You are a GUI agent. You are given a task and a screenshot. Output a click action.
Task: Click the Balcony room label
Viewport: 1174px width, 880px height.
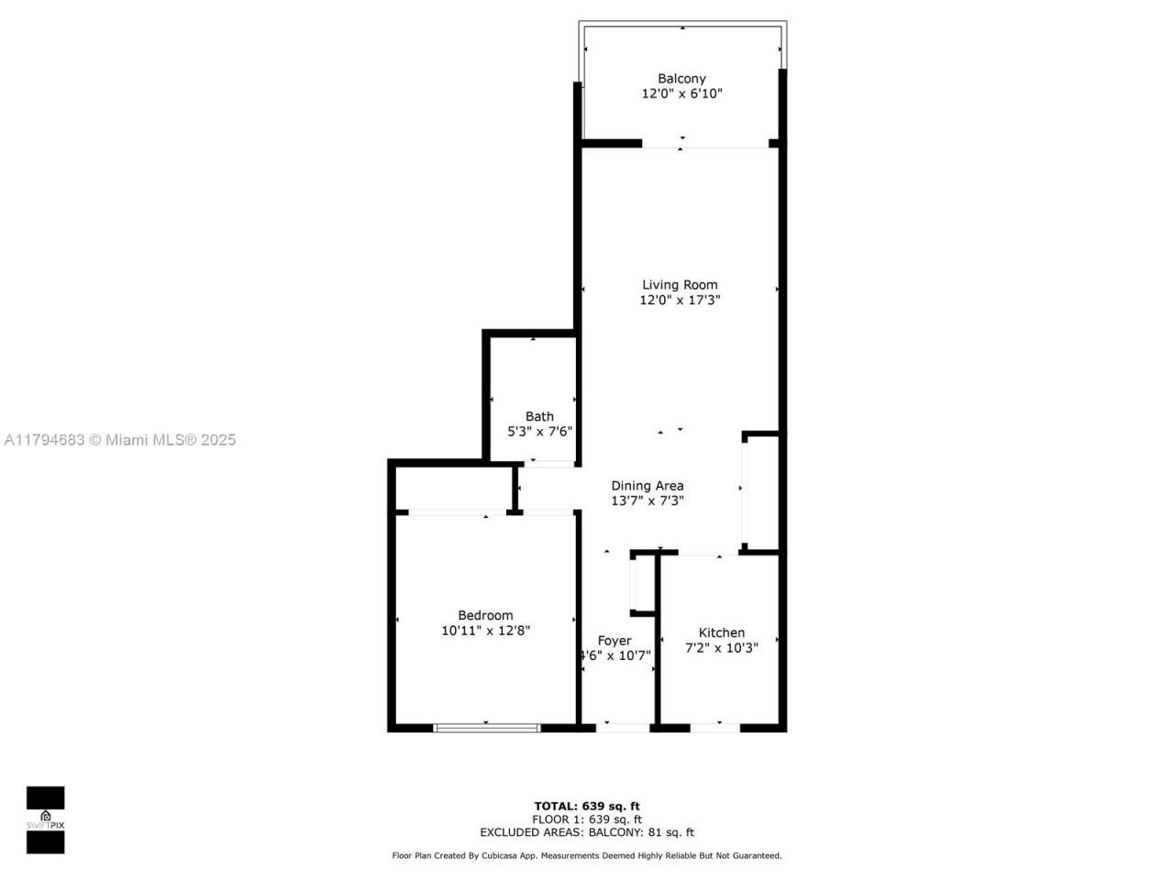pos(681,79)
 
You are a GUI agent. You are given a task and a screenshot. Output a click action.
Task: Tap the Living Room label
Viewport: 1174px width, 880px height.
pos(680,285)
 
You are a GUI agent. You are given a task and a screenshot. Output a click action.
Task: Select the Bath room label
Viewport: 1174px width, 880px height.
pos(539,417)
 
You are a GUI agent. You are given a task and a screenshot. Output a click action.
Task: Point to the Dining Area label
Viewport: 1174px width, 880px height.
pos(648,486)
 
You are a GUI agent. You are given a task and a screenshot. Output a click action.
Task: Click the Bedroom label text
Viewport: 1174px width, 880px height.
pos(485,615)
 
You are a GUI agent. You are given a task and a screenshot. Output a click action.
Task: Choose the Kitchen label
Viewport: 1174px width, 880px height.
pos(722,632)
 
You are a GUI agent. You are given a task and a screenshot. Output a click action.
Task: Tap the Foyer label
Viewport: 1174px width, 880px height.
pos(615,641)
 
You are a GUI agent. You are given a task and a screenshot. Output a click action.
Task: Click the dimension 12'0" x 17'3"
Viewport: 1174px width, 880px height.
pos(680,300)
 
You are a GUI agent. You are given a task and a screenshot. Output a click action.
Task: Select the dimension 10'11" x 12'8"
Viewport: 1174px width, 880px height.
pos(486,631)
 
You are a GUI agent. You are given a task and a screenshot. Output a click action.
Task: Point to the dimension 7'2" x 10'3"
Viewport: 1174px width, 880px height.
pos(722,648)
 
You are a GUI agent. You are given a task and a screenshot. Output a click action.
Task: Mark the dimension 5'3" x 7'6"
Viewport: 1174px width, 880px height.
pos(540,431)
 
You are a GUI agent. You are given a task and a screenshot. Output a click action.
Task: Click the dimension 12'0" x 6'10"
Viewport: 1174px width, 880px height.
pos(681,93)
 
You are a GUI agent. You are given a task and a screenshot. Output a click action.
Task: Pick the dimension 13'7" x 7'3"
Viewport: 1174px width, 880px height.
pos(648,500)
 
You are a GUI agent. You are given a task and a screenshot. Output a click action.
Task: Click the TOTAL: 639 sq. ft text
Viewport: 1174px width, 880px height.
pos(587,807)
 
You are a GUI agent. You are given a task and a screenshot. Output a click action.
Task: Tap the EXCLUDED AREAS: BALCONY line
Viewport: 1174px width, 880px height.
pos(587,832)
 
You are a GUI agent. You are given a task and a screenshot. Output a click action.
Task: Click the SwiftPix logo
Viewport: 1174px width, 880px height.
pos(45,819)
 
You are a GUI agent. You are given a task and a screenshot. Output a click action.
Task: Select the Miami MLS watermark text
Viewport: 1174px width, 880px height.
pos(120,440)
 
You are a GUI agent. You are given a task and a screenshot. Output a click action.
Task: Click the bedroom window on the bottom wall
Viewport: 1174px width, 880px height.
pos(486,728)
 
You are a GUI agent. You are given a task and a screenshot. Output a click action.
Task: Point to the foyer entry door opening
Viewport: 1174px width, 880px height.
pos(624,728)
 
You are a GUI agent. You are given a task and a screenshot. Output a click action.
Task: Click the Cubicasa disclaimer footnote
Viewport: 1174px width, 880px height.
pos(587,855)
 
